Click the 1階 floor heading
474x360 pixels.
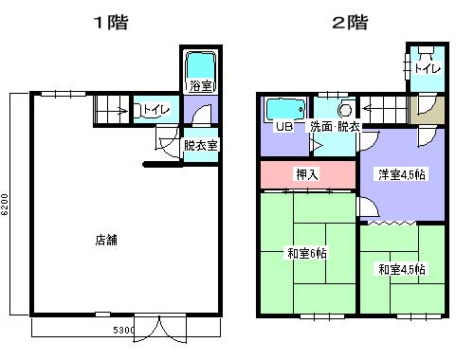click(111, 23)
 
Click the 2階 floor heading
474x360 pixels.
click(350, 23)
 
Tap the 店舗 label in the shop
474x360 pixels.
click(106, 240)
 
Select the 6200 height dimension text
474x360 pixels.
click(5, 205)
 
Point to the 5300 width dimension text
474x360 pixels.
click(123, 330)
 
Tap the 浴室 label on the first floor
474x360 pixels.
click(201, 85)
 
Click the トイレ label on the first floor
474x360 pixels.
click(156, 110)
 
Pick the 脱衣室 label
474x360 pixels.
click(201, 145)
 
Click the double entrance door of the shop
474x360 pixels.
click(160, 329)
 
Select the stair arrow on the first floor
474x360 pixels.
click(121, 111)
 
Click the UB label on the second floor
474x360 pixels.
click(284, 127)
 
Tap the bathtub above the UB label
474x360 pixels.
click(285, 110)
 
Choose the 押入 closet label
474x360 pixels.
click(307, 174)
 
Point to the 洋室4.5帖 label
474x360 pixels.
click(402, 174)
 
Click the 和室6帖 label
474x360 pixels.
click(307, 253)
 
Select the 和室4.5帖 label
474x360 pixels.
click(402, 269)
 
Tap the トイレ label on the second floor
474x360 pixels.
click(428, 68)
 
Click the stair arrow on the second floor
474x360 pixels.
click(368, 109)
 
